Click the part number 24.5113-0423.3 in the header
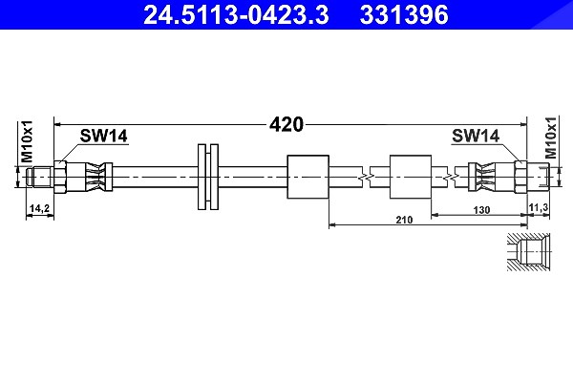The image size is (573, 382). (236, 15)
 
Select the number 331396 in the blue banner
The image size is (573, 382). (404, 15)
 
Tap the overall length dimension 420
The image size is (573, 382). (286, 125)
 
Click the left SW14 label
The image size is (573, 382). (104, 136)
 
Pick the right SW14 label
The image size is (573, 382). (476, 136)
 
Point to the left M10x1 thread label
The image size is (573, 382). (27, 141)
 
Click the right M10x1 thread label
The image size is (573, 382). (551, 138)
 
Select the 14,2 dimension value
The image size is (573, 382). (39, 208)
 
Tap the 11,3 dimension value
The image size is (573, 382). (539, 207)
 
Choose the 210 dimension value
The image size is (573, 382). (404, 220)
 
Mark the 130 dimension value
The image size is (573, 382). (481, 210)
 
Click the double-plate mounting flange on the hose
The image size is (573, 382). (208, 177)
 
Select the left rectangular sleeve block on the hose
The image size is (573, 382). (308, 177)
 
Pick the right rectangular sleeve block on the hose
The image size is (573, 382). (411, 177)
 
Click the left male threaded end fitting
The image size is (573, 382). (40, 177)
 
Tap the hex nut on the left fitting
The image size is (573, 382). (60, 177)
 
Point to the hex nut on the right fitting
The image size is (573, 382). (520, 177)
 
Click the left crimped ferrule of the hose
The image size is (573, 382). (99, 177)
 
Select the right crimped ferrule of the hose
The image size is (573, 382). (482, 177)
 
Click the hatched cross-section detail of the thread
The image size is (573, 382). (528, 252)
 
